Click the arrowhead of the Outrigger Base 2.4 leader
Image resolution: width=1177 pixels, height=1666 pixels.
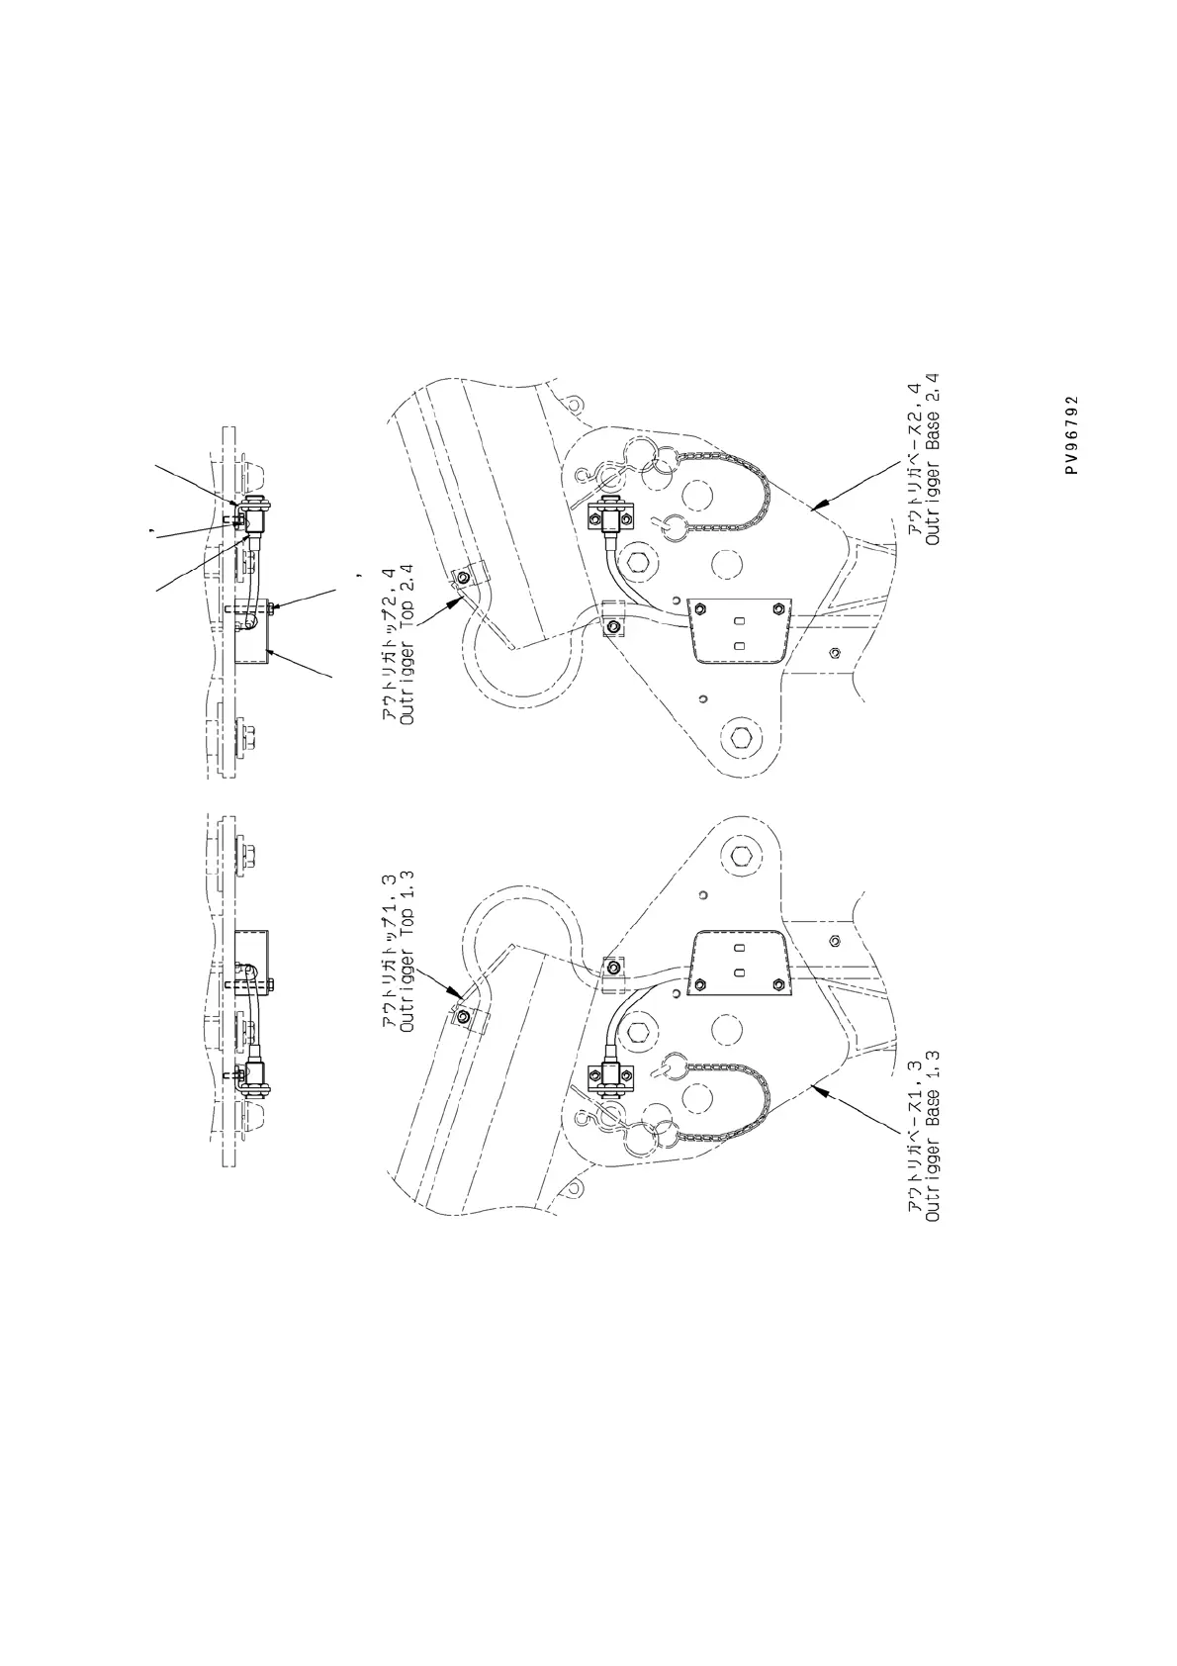point(814,509)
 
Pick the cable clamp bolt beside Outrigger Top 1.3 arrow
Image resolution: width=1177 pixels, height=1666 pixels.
point(464,1016)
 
